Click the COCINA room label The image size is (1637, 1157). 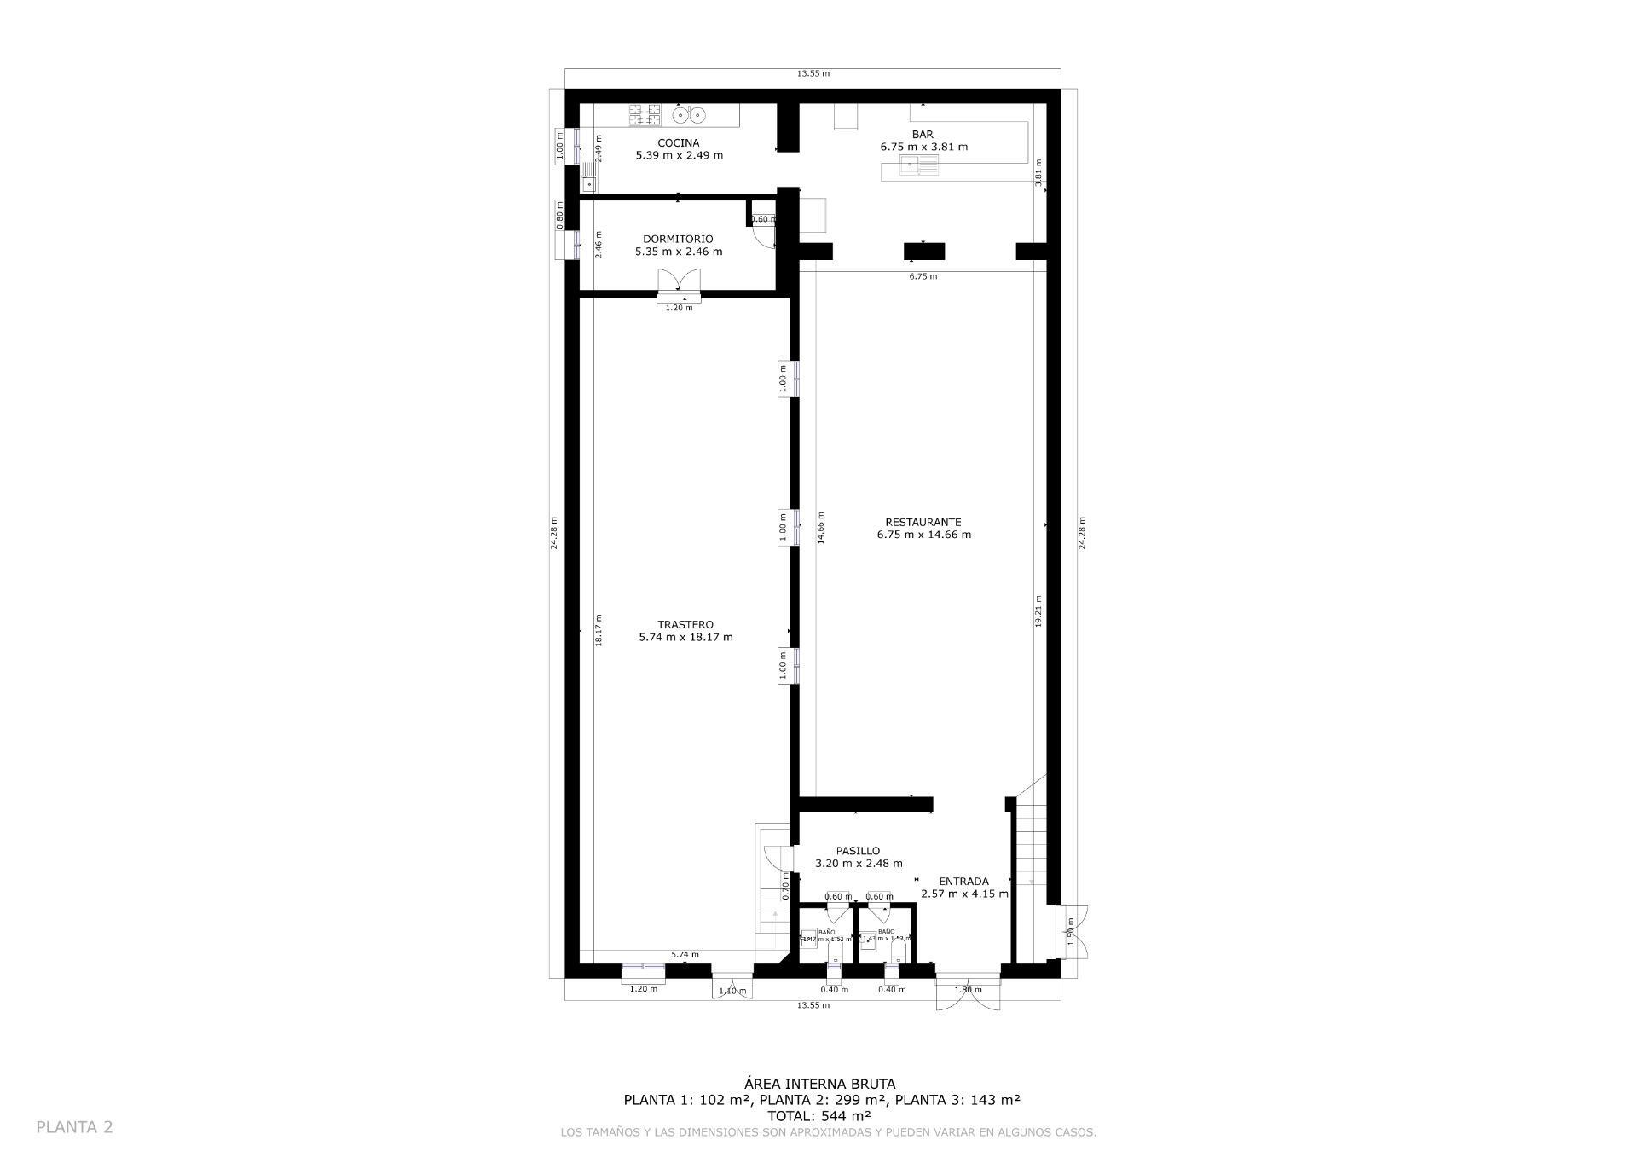pos(679,143)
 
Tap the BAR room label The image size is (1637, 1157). pos(923,135)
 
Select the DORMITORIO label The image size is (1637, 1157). pos(678,240)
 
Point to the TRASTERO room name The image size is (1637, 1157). pos(685,625)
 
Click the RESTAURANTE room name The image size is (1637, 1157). pos(923,523)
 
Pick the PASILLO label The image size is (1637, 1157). pos(858,851)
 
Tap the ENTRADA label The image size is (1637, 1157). pos(963,882)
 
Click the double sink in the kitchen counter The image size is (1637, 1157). pos(689,114)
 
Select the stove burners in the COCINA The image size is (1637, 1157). pos(645,114)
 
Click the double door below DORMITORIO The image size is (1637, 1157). pos(680,283)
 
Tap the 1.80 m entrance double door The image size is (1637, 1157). pos(968,993)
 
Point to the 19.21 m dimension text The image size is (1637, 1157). pos(1038,610)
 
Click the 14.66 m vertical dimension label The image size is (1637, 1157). pos(821,528)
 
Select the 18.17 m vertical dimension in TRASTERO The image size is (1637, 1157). pos(599,630)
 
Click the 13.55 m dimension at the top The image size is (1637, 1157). pos(813,73)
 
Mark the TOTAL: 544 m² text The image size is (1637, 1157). pos(819,1115)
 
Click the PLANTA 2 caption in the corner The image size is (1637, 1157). pos(75,1127)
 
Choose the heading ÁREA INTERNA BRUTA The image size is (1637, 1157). pos(820,1085)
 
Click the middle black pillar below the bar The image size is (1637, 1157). pos(924,252)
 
